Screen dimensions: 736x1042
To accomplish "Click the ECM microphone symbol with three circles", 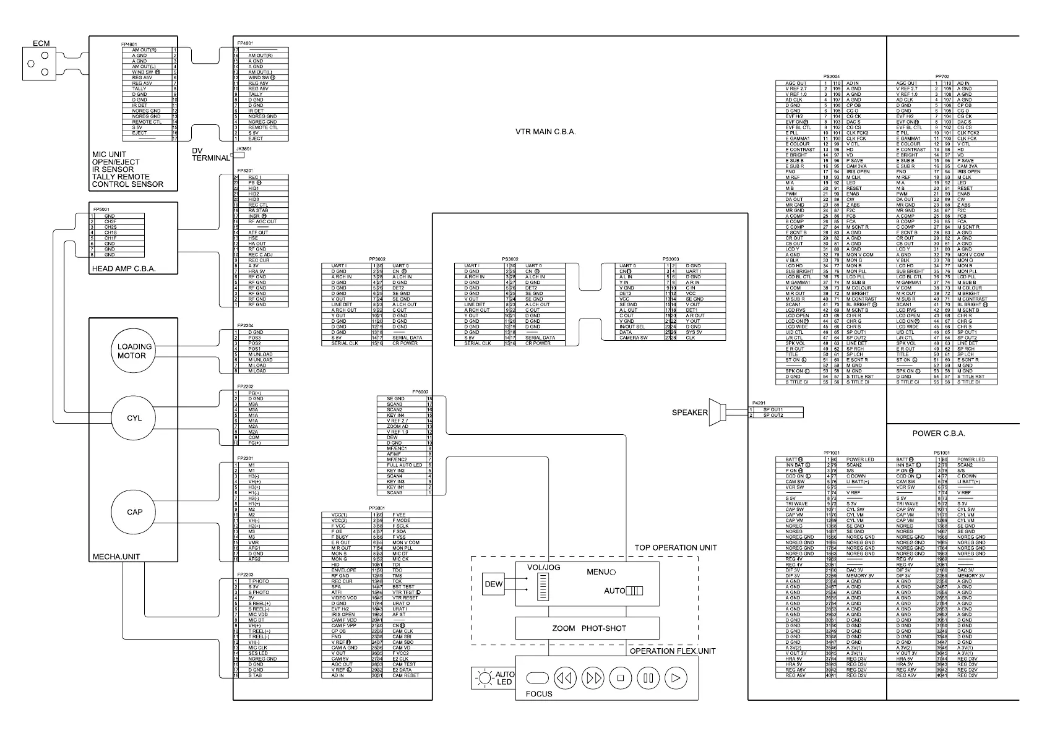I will click(37, 64).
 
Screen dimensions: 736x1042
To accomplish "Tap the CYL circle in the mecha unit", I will click(134, 418).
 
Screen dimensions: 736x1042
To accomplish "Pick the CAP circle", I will click(134, 512).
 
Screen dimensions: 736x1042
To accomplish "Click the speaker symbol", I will click(716, 412).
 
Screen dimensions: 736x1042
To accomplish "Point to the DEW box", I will click(494, 584).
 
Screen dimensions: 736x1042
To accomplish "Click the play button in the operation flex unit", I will click(676, 678).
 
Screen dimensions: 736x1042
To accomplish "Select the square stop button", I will click(620, 678).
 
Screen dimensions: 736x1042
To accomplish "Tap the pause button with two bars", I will click(648, 678).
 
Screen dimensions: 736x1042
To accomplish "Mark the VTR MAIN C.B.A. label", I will click(546, 132).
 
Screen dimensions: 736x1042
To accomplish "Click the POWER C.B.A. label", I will click(939, 434).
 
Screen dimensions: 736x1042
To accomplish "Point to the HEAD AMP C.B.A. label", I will click(124, 269).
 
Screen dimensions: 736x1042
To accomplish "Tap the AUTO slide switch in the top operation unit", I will click(634, 591).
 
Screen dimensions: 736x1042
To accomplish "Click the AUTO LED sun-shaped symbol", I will click(483, 679).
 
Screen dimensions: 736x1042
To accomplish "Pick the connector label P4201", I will click(759, 403).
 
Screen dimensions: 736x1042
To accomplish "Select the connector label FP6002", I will click(420, 392).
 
